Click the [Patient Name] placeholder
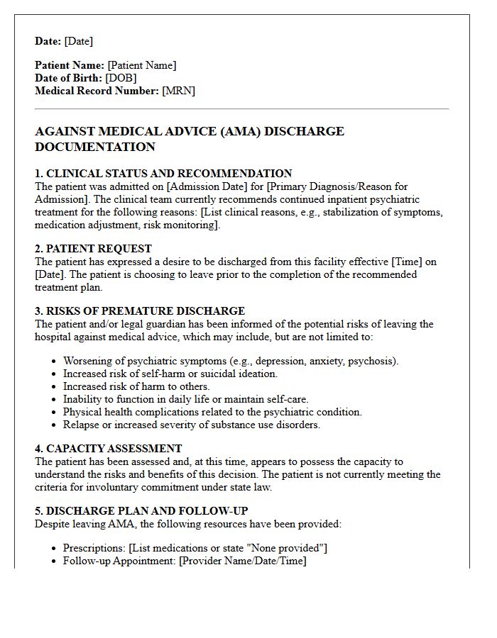pos(142,65)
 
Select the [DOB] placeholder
pos(121,78)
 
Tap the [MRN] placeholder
pos(178,91)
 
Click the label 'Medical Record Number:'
pos(97,91)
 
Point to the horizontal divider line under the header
pos(241,109)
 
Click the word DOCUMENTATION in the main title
pos(95,147)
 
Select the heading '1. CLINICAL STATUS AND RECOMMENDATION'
pos(163,174)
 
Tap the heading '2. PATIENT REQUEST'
pos(93,249)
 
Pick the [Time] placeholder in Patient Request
pos(406,262)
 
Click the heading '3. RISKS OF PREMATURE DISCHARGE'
pos(140,311)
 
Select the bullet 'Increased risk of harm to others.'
pos(136,386)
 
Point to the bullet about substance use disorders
pos(192,425)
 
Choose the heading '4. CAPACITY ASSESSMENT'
pos(108,449)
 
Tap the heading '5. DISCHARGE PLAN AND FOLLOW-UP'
pos(141,511)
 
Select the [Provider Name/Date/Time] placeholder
pos(243,561)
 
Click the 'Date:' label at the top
pos(48,41)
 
